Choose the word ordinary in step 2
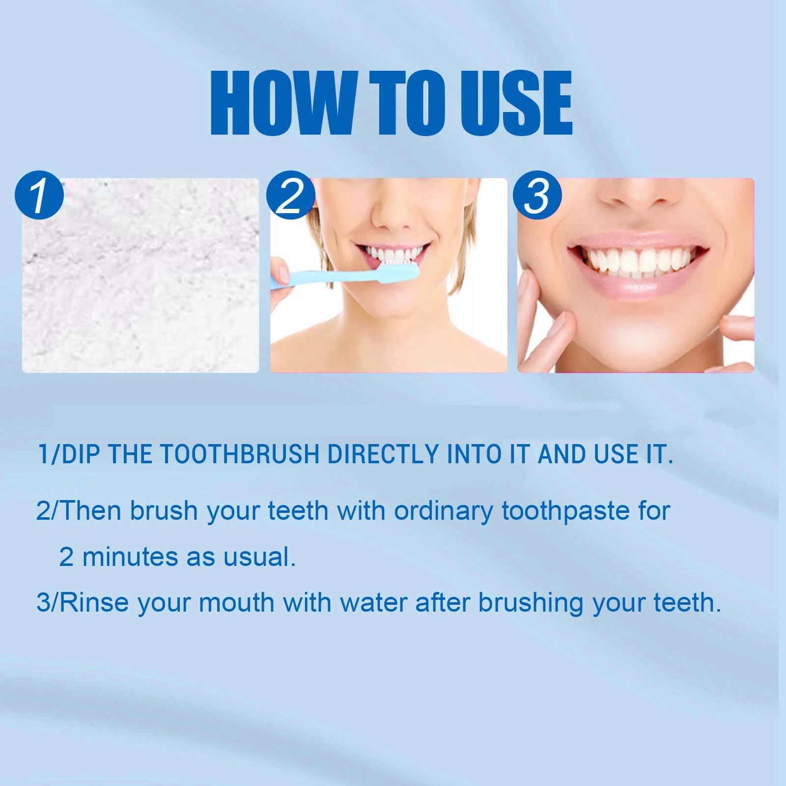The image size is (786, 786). click(443, 511)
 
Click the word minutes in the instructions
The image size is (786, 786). click(131, 557)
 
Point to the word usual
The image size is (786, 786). click(259, 557)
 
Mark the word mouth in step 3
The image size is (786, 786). click(236, 603)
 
